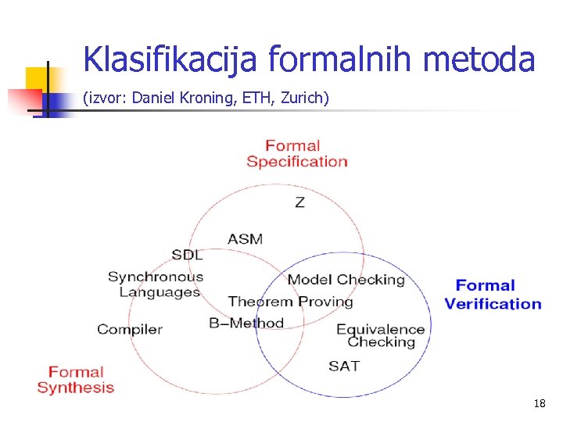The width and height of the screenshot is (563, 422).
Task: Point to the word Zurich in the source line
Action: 303,98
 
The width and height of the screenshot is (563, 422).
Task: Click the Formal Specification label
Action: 296,153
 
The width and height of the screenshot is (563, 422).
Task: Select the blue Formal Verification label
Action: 493,295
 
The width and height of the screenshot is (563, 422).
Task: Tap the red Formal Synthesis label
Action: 76,380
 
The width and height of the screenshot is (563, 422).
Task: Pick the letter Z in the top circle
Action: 299,202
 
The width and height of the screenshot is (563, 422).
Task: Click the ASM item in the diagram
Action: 245,238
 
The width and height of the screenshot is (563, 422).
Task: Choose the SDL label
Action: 187,255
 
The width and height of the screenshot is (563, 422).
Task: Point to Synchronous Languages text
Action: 156,284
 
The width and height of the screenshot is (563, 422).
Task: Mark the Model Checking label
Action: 346,280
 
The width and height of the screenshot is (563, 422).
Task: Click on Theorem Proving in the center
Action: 290,302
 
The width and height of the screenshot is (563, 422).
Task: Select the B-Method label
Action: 246,323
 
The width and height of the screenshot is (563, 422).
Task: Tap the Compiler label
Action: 130,329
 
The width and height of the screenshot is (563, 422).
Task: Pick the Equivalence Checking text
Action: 381,335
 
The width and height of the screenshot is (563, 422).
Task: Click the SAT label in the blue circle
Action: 344,366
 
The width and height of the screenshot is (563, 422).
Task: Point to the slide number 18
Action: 539,404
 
